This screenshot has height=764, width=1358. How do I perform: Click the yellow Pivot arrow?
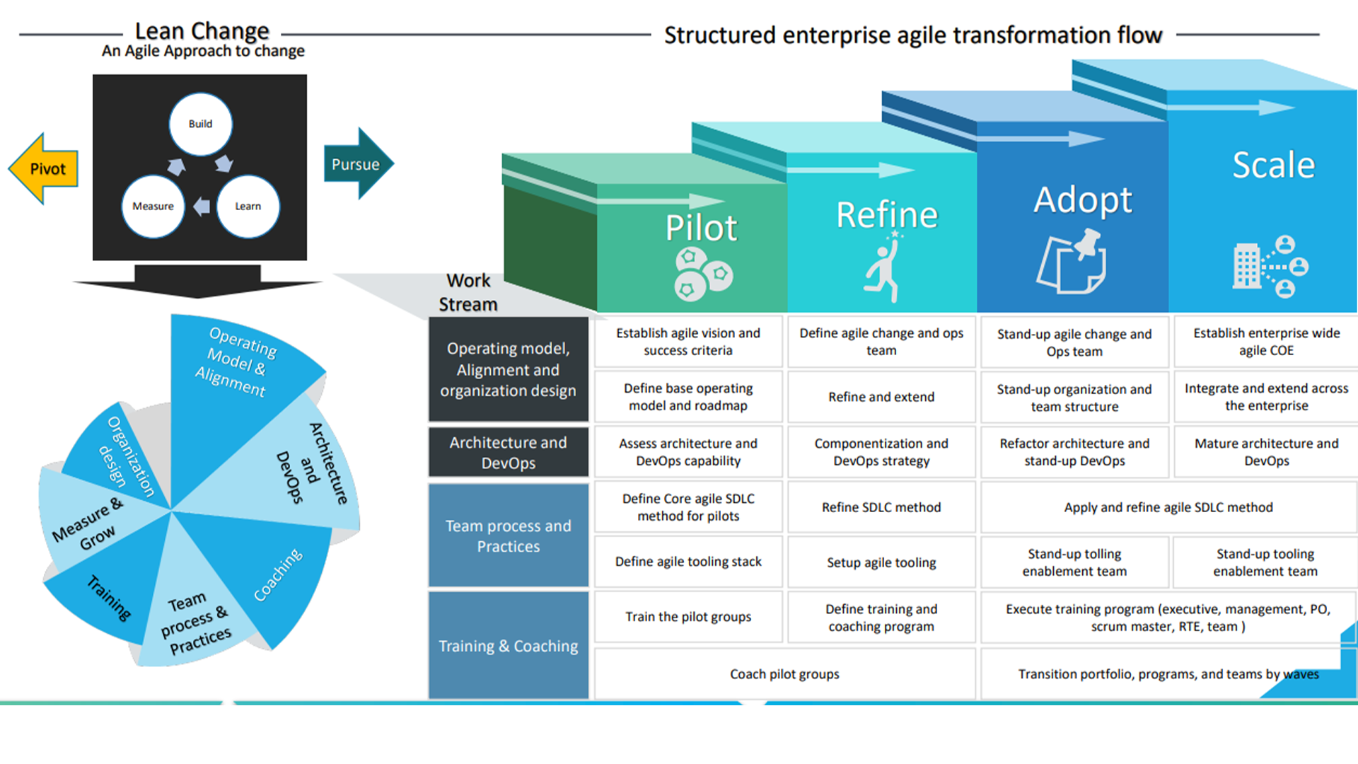point(44,169)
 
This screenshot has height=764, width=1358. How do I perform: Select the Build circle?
point(200,124)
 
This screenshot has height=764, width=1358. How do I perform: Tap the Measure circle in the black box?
point(153,206)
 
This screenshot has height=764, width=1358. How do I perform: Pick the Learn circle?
point(248,206)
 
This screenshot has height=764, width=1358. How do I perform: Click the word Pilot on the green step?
point(700,228)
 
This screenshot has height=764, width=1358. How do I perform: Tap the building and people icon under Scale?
point(1270,267)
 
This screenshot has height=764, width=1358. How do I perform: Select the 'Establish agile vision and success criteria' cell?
point(687,342)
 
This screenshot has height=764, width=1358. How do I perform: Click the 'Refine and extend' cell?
point(881,397)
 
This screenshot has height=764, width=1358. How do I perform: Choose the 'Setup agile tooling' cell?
point(881,562)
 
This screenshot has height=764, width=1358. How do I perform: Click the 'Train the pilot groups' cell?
point(687,617)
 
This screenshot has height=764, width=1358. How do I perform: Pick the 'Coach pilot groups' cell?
point(784,674)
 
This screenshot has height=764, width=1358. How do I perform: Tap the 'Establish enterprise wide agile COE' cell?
point(1266,342)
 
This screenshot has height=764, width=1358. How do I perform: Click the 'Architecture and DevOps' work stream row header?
point(508,452)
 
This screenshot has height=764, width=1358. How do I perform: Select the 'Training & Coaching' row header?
point(508,646)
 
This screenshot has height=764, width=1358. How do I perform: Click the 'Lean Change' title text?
point(202,31)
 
